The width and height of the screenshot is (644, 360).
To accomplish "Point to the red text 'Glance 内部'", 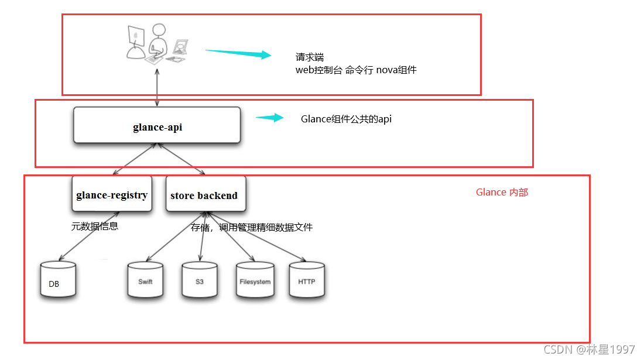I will click(502, 192).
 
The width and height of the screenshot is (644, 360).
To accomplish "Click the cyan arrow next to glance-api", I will click(269, 118).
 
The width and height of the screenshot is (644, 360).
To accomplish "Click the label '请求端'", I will click(310, 58).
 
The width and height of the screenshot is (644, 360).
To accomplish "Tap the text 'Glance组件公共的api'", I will click(346, 119).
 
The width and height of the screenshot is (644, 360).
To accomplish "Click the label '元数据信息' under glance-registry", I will click(94, 226).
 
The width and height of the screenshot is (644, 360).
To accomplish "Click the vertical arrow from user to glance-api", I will click(157, 88).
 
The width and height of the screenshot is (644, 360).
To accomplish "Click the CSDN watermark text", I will click(589, 349).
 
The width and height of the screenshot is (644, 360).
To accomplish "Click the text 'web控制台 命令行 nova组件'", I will click(356, 70).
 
